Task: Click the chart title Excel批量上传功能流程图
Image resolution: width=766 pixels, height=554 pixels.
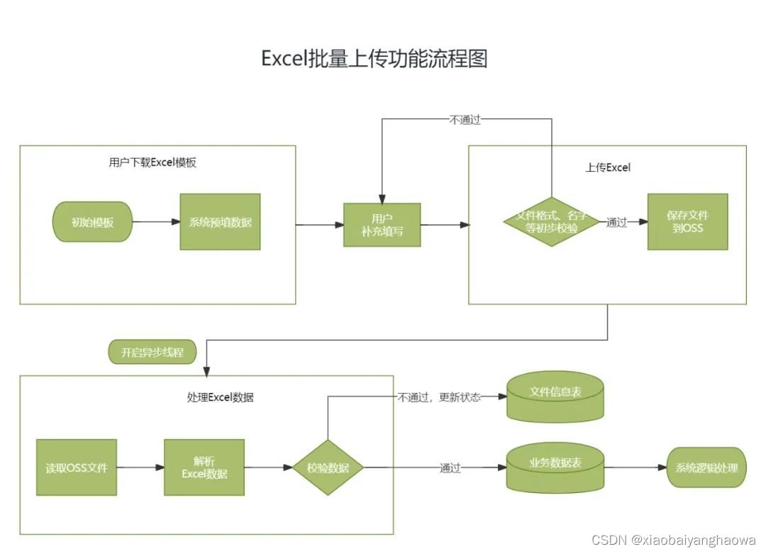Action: coord(374,58)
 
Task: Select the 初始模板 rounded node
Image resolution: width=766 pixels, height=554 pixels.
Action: coord(92,222)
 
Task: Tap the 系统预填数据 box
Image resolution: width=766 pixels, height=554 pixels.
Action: coord(220,222)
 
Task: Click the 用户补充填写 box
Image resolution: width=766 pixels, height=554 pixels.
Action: coord(382,225)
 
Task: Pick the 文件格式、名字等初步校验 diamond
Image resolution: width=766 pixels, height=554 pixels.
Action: coord(551,222)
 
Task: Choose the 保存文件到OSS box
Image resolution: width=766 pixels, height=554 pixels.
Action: coord(687,222)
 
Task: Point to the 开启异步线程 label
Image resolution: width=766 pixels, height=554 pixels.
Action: coord(152,353)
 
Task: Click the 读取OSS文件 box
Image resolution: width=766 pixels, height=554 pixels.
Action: coord(77,468)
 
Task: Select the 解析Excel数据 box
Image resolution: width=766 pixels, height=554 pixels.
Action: coord(204,467)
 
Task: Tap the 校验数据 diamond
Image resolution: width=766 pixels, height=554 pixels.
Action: coord(328,468)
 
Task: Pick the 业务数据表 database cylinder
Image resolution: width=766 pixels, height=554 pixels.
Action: coord(555,468)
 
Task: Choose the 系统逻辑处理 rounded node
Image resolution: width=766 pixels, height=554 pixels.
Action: coord(706,467)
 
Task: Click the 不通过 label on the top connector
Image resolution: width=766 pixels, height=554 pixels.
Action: coord(465,120)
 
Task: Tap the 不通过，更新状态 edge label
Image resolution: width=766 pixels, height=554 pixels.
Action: coord(438,397)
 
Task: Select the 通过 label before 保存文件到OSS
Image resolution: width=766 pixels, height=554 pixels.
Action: coord(616,223)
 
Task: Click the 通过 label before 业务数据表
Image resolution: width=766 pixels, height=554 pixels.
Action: coord(450,468)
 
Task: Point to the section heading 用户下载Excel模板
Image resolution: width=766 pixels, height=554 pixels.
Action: coord(152,162)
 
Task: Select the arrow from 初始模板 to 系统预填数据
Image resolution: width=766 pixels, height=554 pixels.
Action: coord(156,222)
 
